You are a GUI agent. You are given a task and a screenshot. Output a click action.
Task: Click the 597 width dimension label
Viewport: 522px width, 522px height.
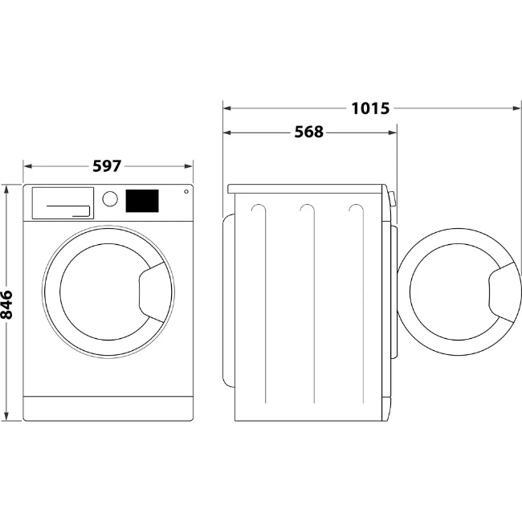107,166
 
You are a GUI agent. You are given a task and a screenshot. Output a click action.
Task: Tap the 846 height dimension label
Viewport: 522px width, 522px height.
7,305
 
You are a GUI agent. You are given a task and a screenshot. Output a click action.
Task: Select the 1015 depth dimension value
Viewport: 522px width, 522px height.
370,108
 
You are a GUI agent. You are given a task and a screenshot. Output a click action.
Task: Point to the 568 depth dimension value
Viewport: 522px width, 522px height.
308,133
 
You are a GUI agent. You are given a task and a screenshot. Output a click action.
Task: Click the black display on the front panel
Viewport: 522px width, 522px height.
142,201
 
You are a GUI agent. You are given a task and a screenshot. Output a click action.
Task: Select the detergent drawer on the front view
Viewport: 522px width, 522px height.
63,203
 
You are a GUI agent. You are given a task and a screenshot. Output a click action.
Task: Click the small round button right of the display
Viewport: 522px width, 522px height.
186,192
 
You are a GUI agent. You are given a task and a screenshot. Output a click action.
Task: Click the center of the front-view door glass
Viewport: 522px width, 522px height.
103,291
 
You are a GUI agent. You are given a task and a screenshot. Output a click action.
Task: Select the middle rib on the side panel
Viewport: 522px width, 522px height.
305,305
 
